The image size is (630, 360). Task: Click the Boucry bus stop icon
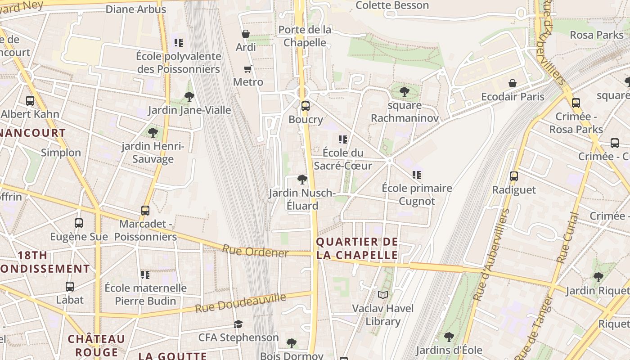(306, 106)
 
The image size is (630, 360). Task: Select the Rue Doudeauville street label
(241, 303)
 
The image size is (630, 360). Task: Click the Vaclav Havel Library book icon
(382, 295)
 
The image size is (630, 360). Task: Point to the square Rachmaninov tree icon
(404, 92)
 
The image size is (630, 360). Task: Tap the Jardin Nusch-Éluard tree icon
(302, 180)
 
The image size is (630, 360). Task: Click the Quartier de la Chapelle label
(357, 248)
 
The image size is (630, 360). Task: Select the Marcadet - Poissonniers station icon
(145, 210)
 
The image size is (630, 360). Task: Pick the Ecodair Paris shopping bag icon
(512, 83)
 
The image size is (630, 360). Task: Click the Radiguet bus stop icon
(514, 176)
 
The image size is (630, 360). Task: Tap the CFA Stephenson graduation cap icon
(238, 324)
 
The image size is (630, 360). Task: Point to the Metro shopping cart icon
(247, 69)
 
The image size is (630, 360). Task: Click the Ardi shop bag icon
(246, 34)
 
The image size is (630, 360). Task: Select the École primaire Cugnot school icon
(416, 175)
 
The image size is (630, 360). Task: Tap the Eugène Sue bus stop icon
(79, 223)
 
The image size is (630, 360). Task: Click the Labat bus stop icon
(69, 286)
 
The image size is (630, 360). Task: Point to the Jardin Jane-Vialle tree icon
(189, 96)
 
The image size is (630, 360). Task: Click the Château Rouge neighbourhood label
(96, 345)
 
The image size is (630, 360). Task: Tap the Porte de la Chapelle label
(305, 36)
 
